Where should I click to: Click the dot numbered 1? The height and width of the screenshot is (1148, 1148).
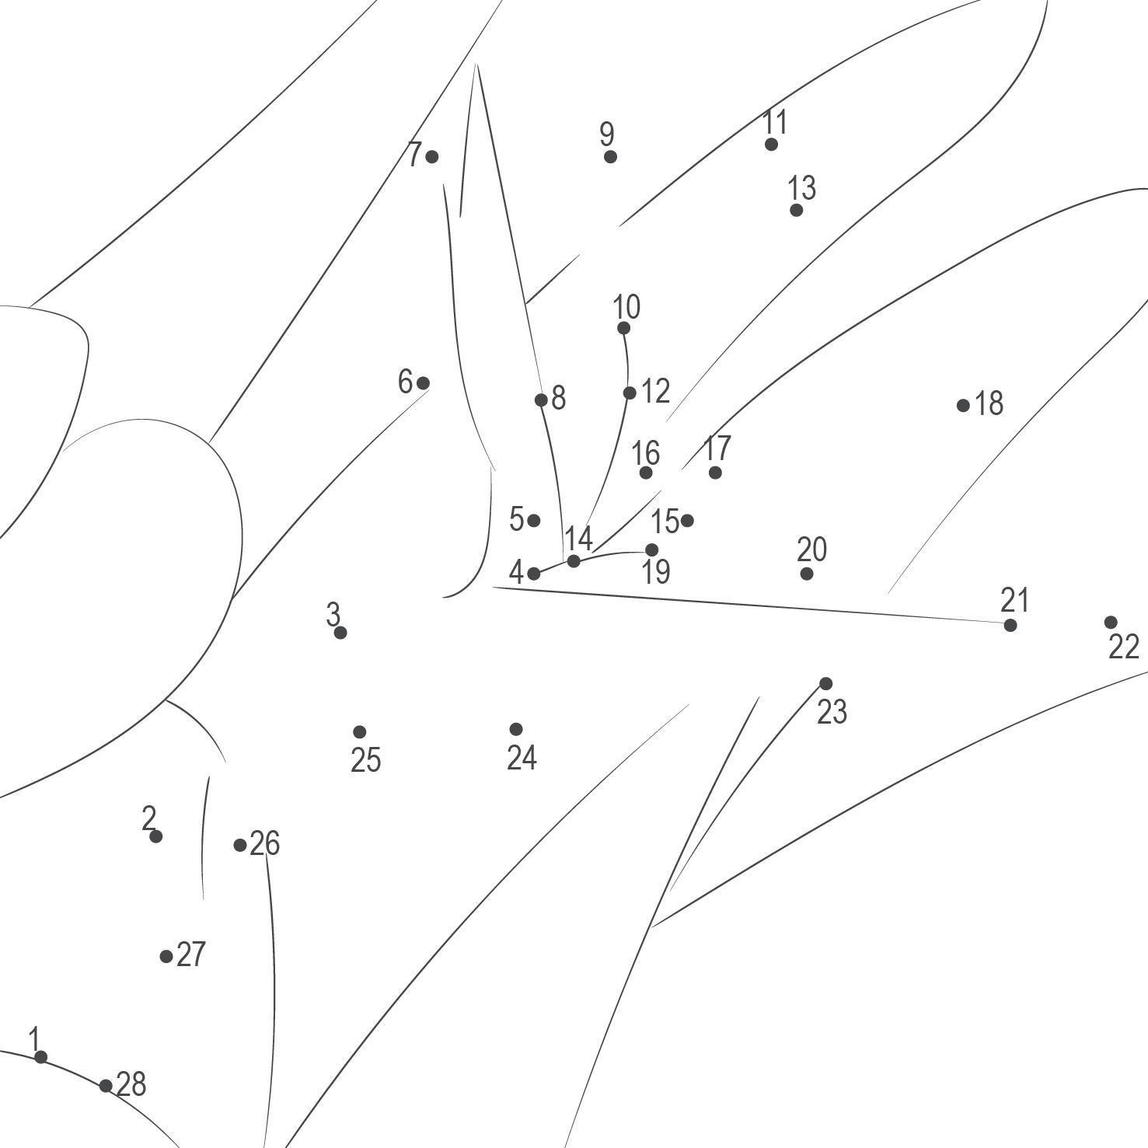tap(40, 1056)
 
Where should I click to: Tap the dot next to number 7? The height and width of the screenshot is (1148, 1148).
tap(432, 157)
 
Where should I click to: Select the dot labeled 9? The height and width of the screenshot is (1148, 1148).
tap(610, 157)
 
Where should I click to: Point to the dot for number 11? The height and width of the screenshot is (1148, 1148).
tap(771, 144)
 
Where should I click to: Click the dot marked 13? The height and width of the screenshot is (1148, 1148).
tap(796, 210)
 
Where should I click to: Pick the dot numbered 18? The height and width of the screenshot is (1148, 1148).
tap(963, 405)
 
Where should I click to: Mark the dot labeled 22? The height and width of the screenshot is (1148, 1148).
tap(1111, 622)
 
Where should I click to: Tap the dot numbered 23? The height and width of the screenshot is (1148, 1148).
tap(826, 684)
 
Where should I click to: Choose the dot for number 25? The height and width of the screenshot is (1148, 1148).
tap(359, 732)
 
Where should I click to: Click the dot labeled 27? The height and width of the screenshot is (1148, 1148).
tap(166, 956)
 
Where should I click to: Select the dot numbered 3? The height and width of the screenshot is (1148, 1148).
tap(340, 633)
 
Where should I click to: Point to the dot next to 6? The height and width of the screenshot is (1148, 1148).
tap(423, 382)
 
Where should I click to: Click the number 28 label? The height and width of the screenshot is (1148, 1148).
tap(131, 1084)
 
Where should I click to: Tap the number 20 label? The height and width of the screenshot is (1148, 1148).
tap(811, 550)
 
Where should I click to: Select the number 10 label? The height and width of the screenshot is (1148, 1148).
tap(626, 307)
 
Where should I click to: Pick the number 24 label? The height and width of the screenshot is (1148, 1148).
tap(522, 757)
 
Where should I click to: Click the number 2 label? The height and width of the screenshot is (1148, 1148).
tap(149, 818)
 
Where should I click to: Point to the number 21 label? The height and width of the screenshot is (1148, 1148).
tap(1014, 600)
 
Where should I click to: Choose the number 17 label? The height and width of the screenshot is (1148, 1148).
tap(717, 448)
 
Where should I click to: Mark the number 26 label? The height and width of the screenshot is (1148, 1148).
tap(264, 843)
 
